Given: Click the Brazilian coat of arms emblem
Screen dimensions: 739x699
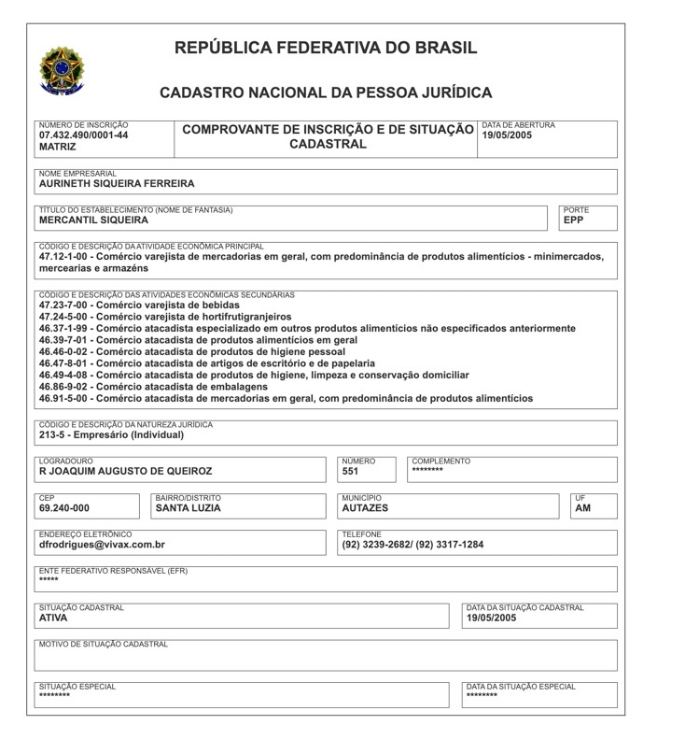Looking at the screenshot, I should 61,69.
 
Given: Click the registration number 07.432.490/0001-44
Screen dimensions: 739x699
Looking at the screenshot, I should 84,135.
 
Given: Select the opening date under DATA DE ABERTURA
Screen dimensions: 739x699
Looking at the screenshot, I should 507,135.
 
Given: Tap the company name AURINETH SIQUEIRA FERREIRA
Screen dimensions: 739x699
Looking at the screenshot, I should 117,184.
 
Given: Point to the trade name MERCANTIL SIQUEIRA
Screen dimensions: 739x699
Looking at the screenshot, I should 93,220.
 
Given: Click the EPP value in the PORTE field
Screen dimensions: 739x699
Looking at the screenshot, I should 573,220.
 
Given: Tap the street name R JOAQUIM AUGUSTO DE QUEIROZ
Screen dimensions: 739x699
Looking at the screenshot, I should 125,472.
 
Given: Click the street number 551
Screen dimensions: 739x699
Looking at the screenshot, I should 350,472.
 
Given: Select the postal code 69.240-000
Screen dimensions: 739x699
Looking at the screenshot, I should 64,508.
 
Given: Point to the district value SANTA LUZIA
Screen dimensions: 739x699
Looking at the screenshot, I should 188,508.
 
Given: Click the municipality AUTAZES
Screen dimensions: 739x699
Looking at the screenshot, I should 365,508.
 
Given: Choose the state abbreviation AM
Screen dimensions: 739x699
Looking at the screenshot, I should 582,508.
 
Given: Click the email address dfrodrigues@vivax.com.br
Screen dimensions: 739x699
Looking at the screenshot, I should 102,545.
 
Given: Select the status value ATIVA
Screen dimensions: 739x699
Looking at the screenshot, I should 53,618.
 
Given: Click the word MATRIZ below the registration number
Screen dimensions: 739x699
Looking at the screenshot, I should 58,148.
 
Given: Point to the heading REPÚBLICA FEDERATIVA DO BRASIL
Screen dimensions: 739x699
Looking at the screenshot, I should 326,48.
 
